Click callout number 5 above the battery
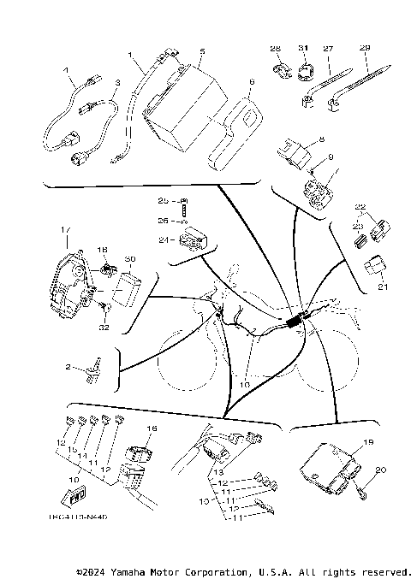click(x=200, y=51)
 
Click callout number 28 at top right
click(x=276, y=48)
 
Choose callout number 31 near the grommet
click(x=301, y=48)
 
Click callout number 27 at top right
click(x=326, y=49)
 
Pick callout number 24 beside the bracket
click(x=163, y=240)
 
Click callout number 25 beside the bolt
click(x=163, y=200)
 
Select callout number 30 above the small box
click(x=130, y=258)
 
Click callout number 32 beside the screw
click(x=104, y=327)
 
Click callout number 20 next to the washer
click(x=381, y=470)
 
